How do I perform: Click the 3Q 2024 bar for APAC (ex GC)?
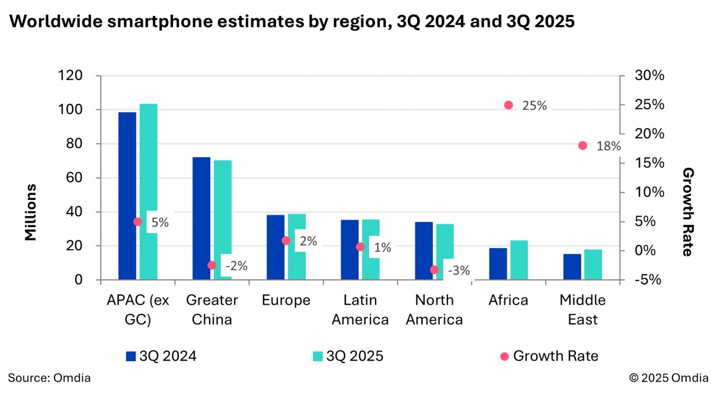[x=127, y=196]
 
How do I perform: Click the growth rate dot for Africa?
[x=508, y=105]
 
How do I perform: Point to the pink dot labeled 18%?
[x=582, y=145]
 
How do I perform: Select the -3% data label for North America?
[x=459, y=271]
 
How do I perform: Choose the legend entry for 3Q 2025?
[x=348, y=356]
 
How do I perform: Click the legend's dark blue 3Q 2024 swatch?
[x=131, y=356]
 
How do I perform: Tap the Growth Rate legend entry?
[x=549, y=356]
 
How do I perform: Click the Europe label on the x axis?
[x=286, y=301]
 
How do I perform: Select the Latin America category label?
[x=360, y=310]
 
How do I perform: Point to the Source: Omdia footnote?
[x=50, y=377]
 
